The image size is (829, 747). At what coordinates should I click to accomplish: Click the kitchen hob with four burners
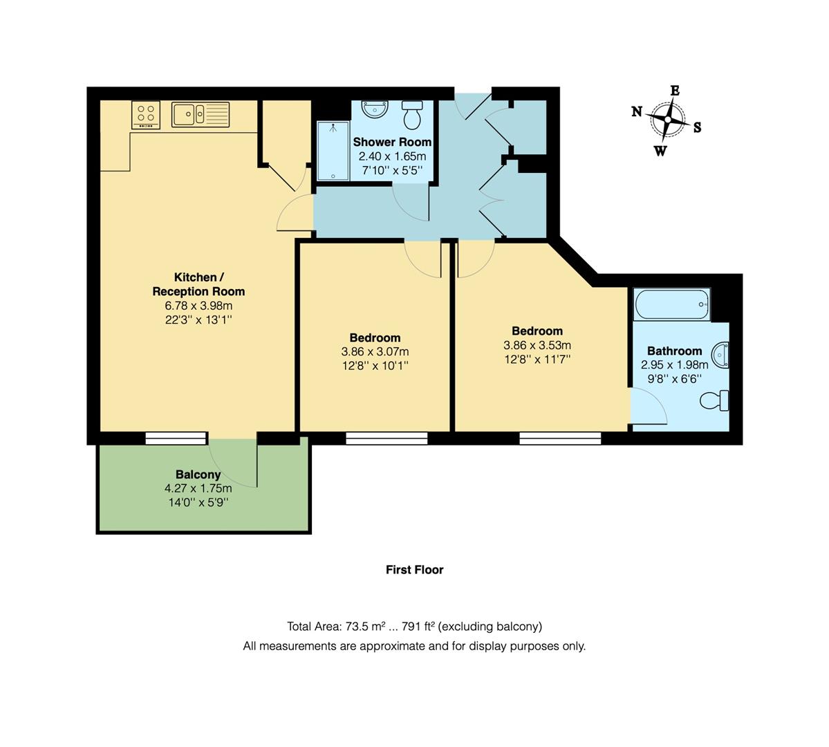pos(146,115)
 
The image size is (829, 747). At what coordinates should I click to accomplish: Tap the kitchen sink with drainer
pos(201,115)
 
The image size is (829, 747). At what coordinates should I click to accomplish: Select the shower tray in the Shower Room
pos(333,151)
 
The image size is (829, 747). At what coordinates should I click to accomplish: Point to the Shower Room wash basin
pos(375,109)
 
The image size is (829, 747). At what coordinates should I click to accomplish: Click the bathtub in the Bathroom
pos(672,304)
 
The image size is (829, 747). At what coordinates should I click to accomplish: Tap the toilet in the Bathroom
pos(715,400)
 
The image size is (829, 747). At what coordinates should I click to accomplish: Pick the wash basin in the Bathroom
pos(720,355)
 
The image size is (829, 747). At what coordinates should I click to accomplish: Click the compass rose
pos(668,120)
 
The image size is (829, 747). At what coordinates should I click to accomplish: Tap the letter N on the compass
pos(637,111)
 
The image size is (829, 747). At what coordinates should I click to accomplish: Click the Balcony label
pos(198,474)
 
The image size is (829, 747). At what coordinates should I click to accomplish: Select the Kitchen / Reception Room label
pos(199,284)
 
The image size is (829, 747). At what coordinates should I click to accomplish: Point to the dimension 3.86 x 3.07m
pos(375,352)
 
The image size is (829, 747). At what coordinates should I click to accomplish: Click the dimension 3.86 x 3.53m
pos(537,345)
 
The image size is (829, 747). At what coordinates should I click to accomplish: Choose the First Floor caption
pos(415,570)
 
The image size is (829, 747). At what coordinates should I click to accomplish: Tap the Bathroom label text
pos(675,351)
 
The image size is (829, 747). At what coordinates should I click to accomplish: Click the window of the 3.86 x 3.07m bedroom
pos(387,438)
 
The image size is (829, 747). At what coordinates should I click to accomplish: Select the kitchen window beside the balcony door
pos(176,438)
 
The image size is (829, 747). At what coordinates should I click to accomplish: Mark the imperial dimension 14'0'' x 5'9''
pos(198,502)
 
